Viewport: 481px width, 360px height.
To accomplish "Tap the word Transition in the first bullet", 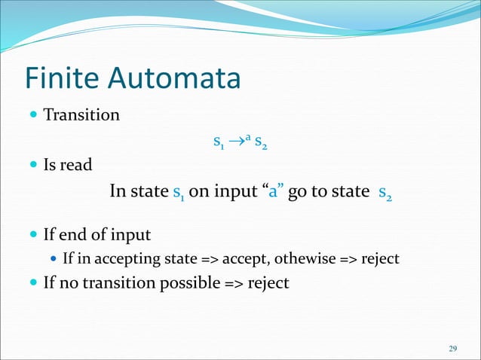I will coord(81,115).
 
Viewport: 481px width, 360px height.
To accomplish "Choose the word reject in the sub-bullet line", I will coord(379,259).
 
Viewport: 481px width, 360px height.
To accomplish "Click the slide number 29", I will coord(452,348).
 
